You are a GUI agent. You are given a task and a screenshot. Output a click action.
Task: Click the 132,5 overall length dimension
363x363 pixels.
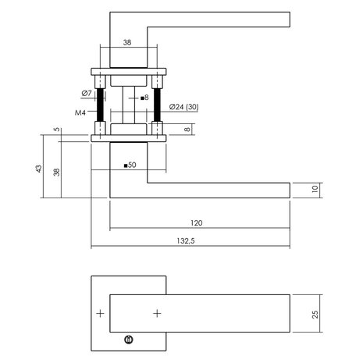pos(185,241)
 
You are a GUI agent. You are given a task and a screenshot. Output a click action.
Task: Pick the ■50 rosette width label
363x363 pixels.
pos(130,165)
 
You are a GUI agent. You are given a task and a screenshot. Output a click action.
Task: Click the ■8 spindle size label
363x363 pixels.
pos(143,98)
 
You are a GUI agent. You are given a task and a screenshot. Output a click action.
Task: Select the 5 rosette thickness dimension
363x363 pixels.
pos(57,130)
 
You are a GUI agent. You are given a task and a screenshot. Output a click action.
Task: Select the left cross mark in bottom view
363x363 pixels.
pos(99,314)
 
